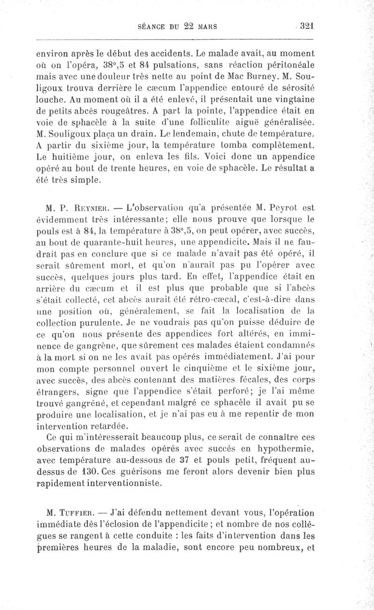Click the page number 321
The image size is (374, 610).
(x=305, y=26)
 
